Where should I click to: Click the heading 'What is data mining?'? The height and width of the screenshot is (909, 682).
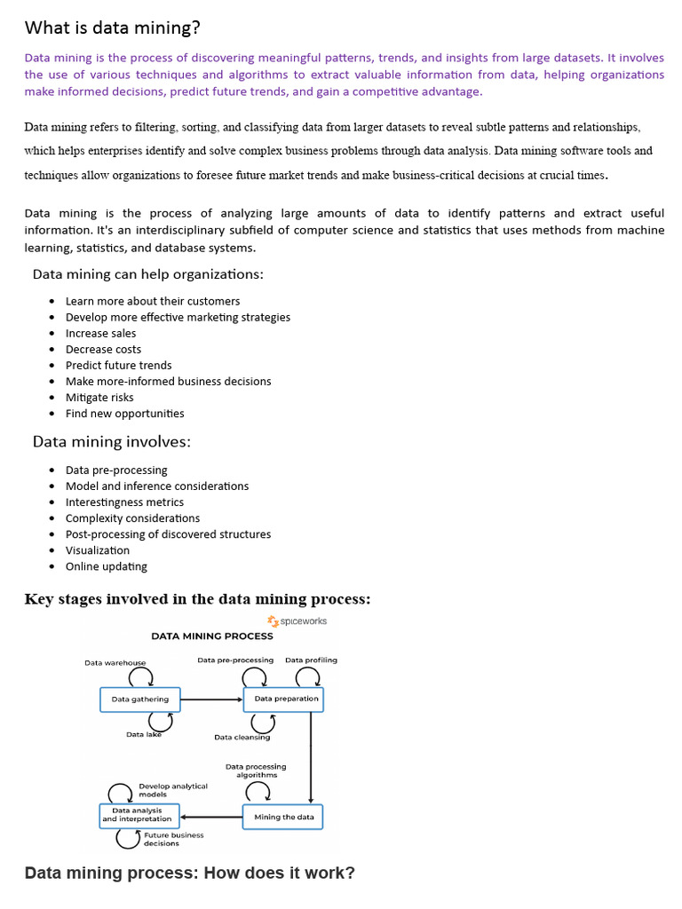pyautogui.click(x=113, y=28)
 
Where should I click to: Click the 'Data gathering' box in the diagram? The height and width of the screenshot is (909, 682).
pyautogui.click(x=139, y=700)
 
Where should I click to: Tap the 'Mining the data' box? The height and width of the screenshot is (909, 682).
pyautogui.click(x=283, y=817)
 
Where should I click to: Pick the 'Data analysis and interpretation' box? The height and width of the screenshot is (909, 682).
pyautogui.click(x=139, y=815)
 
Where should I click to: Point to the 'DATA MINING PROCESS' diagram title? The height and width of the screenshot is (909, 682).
pyautogui.click(x=212, y=636)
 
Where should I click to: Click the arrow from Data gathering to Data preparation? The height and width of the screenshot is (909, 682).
pyautogui.click(x=211, y=700)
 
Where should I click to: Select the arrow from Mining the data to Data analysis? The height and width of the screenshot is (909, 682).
pyautogui.click(x=210, y=817)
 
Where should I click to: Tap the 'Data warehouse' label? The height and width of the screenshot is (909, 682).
pyautogui.click(x=115, y=662)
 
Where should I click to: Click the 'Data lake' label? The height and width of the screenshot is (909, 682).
pyautogui.click(x=144, y=734)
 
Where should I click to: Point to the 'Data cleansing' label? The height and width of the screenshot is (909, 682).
pyautogui.click(x=242, y=737)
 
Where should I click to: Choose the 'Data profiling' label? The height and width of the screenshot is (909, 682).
pyautogui.click(x=311, y=660)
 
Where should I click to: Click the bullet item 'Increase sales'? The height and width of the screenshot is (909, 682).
pyautogui.click(x=100, y=333)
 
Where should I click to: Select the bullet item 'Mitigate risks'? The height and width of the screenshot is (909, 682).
pyautogui.click(x=99, y=397)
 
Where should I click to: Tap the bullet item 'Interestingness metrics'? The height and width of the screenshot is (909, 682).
pyautogui.click(x=124, y=502)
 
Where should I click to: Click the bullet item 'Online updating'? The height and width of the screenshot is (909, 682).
pyautogui.click(x=106, y=565)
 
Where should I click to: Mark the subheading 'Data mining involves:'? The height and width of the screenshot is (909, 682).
pyautogui.click(x=111, y=441)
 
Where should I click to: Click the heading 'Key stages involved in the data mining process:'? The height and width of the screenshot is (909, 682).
pyautogui.click(x=197, y=599)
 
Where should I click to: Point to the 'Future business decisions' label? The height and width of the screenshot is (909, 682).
pyautogui.click(x=173, y=839)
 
